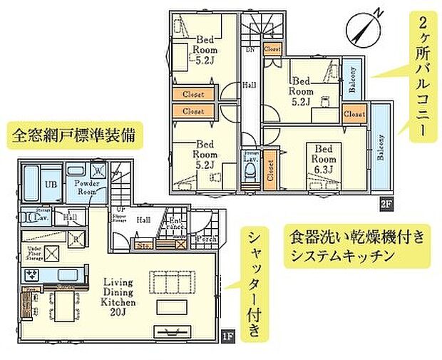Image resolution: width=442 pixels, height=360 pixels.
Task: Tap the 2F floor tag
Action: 386,204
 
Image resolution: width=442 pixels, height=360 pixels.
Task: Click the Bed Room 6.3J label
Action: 323,159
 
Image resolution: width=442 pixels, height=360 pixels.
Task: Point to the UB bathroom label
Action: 31,184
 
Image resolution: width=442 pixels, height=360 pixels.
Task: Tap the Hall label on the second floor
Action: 251,84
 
